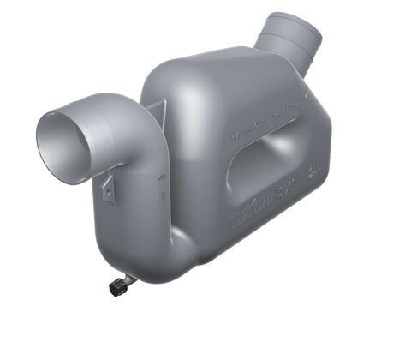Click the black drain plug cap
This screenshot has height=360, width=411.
click(117, 286)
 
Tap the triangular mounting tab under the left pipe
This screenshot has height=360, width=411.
click(109, 189)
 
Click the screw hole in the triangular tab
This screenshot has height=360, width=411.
click(108, 191)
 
